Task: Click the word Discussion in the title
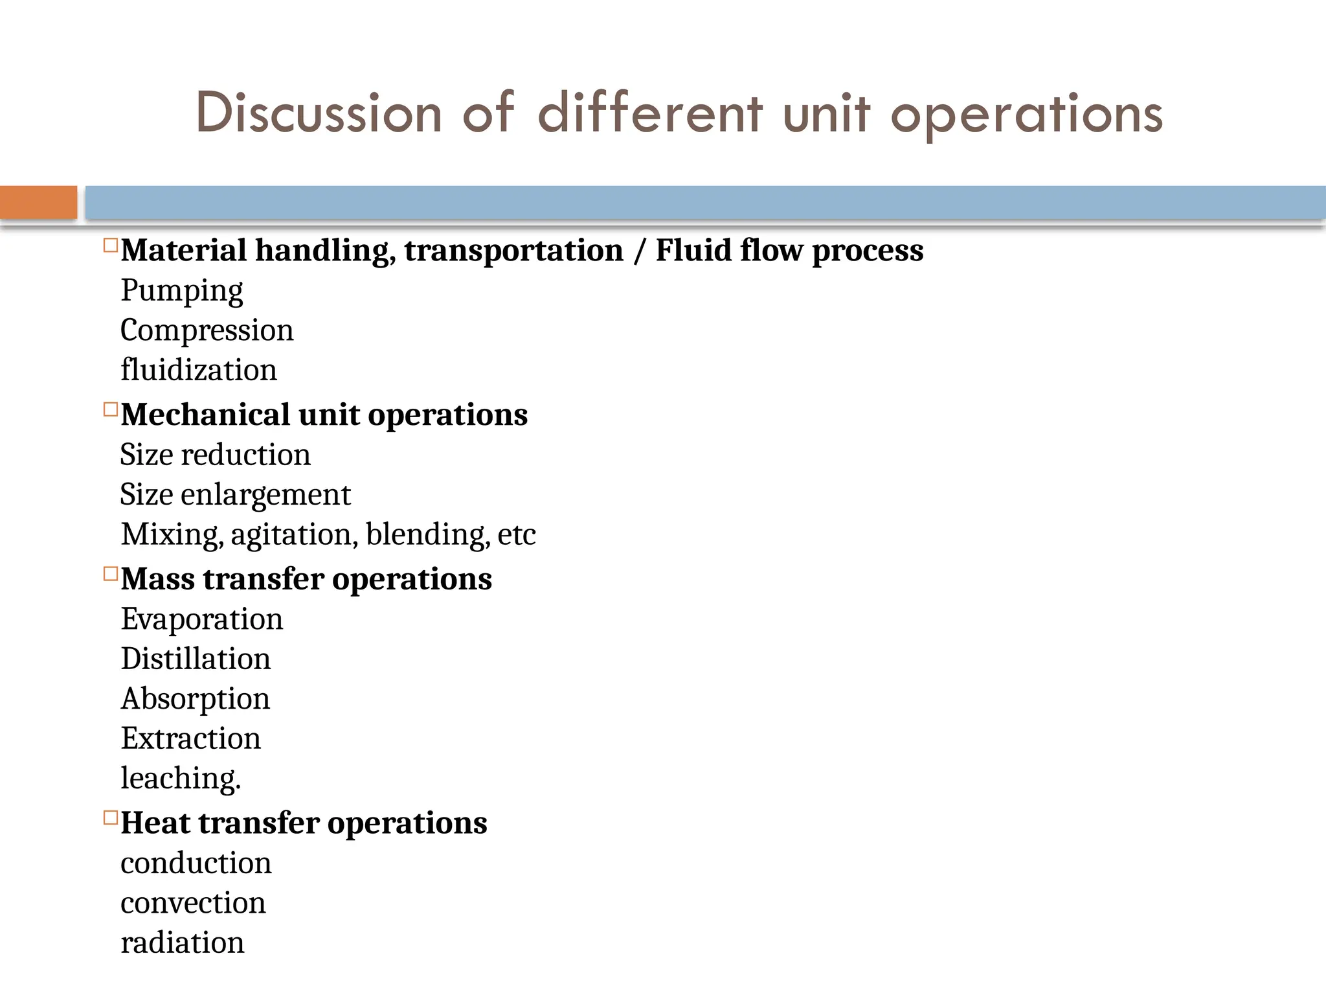pyautogui.click(x=319, y=114)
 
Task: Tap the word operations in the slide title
pyautogui.click(x=1026, y=115)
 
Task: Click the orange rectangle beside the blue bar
pyautogui.click(x=38, y=202)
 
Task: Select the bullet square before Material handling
pyautogui.click(x=111, y=246)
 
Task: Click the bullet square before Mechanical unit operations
pyautogui.click(x=111, y=409)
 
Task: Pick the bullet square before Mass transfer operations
pyautogui.click(x=111, y=574)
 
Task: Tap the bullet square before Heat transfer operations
pyautogui.click(x=111, y=818)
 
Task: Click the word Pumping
pyautogui.click(x=182, y=291)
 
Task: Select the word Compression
pyautogui.click(x=207, y=330)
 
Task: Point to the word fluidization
pyautogui.click(x=199, y=370)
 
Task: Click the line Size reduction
pyautogui.click(x=215, y=455)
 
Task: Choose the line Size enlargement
pyautogui.click(x=235, y=495)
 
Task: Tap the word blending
pyautogui.click(x=427, y=535)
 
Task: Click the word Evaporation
pyautogui.click(x=202, y=619)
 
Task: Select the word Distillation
pyautogui.click(x=196, y=659)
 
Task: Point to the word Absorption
pyautogui.click(x=196, y=699)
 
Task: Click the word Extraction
pyautogui.click(x=191, y=738)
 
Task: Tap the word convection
pyautogui.click(x=193, y=903)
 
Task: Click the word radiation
pyautogui.click(x=183, y=943)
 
